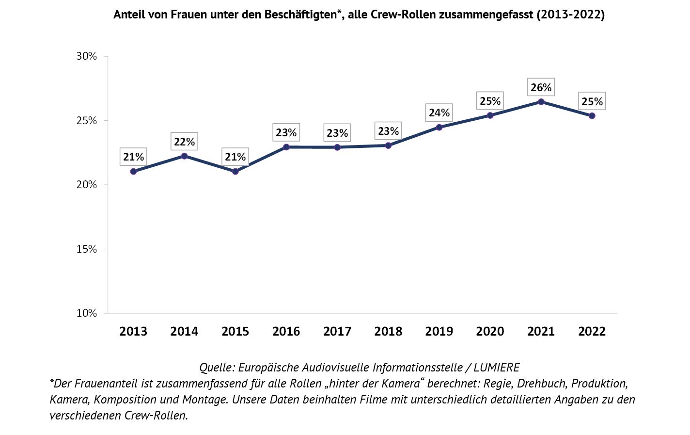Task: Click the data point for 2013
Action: [133, 171]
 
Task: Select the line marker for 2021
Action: [541, 102]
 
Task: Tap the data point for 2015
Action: [235, 171]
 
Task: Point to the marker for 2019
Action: [439, 128]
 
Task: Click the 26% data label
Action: [541, 87]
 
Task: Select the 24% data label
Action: [439, 113]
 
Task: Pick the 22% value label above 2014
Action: [184, 142]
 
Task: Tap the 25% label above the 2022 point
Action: [592, 101]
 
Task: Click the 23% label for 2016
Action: [286, 132]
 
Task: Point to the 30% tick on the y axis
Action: [87, 56]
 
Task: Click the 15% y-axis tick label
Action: [87, 249]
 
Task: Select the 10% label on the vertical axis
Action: [87, 313]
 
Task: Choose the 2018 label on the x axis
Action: [388, 331]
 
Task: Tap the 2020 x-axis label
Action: [490, 331]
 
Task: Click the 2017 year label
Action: [337, 331]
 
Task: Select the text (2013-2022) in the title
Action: [571, 15]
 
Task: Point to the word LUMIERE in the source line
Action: [497, 367]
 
